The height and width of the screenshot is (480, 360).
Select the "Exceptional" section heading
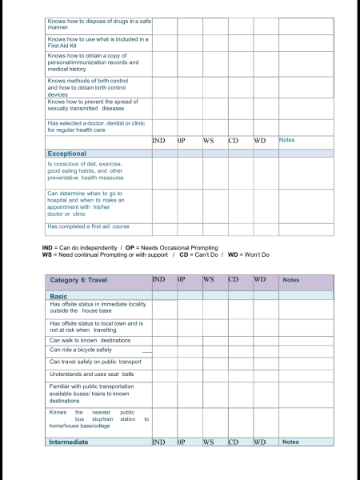point(67,153)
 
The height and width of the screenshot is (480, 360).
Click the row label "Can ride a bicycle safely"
point(81,350)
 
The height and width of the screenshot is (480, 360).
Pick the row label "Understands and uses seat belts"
point(91,374)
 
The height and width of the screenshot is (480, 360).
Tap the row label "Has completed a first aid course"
point(88,226)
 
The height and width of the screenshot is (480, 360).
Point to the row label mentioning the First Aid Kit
point(98,42)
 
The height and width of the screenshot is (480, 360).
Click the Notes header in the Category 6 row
point(291,280)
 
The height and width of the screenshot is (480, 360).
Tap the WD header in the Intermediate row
point(260,442)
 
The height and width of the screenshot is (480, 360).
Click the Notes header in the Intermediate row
point(291,442)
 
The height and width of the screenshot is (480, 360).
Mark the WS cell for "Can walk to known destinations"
point(214,340)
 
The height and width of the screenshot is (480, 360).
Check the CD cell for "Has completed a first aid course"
point(239,226)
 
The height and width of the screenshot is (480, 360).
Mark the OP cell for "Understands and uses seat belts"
point(189,374)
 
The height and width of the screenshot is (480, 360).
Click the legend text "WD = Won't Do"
point(250,254)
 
